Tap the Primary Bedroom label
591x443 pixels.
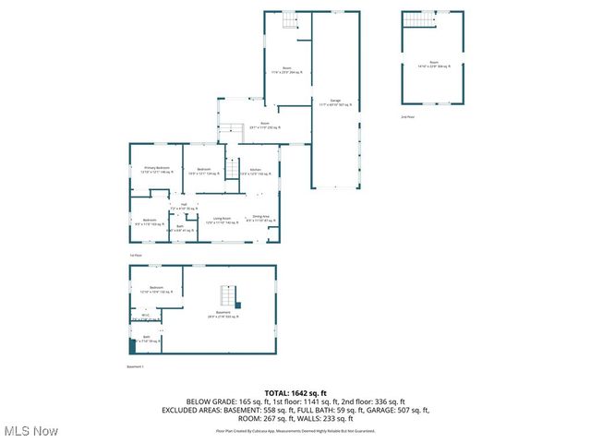(156, 170)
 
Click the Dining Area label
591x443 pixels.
(258, 219)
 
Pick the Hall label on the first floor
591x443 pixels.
(184, 206)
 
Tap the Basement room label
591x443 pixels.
(223, 314)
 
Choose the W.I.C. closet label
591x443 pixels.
(146, 316)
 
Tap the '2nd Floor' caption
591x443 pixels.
(407, 118)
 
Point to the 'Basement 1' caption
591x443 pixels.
(136, 366)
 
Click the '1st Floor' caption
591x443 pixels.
(135, 255)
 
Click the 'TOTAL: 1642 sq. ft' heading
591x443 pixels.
(295, 393)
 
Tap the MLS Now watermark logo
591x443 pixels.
(31, 431)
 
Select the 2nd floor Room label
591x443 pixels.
(432, 65)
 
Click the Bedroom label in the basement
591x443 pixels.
(156, 289)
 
